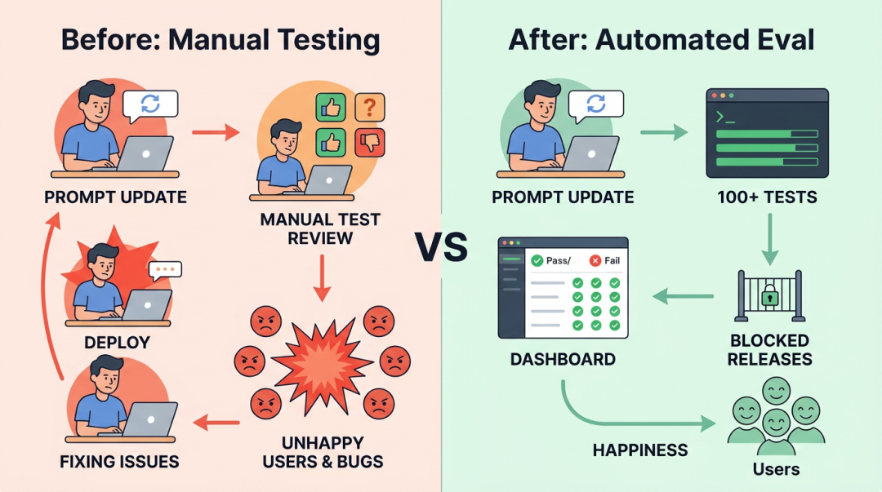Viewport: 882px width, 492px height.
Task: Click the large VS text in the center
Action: (x=441, y=246)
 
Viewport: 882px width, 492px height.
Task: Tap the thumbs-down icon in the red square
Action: (x=370, y=142)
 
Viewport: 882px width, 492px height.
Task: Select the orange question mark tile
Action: (x=370, y=107)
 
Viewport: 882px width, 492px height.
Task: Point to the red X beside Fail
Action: (x=595, y=260)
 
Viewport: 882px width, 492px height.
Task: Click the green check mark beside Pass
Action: (x=537, y=260)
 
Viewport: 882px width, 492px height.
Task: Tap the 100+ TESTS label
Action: (x=767, y=197)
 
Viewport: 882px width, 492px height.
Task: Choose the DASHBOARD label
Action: (x=563, y=359)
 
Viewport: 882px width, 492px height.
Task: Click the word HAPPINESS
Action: (x=639, y=450)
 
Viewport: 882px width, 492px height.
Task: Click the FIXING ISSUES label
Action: (x=119, y=462)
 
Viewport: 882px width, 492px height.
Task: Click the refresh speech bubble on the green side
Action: (x=596, y=104)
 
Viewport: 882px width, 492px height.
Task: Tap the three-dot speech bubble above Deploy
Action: (x=166, y=269)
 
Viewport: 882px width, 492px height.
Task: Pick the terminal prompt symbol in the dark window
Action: (x=724, y=117)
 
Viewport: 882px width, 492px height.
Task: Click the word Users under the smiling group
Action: (x=775, y=468)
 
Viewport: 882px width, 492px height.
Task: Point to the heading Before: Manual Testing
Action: (x=220, y=39)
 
